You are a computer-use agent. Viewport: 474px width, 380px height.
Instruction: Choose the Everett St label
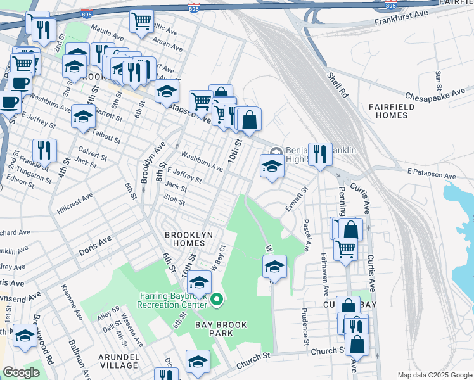(296, 198)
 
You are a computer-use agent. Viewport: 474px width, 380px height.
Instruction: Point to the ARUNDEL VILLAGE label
(118, 361)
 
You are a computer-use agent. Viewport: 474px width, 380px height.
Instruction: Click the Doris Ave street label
(95, 246)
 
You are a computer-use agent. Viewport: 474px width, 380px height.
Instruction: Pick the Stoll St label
(174, 201)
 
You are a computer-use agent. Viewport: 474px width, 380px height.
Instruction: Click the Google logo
(21, 372)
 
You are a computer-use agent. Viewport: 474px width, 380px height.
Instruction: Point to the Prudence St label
(305, 322)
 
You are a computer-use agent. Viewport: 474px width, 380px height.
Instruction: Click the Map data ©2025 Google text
(434, 375)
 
